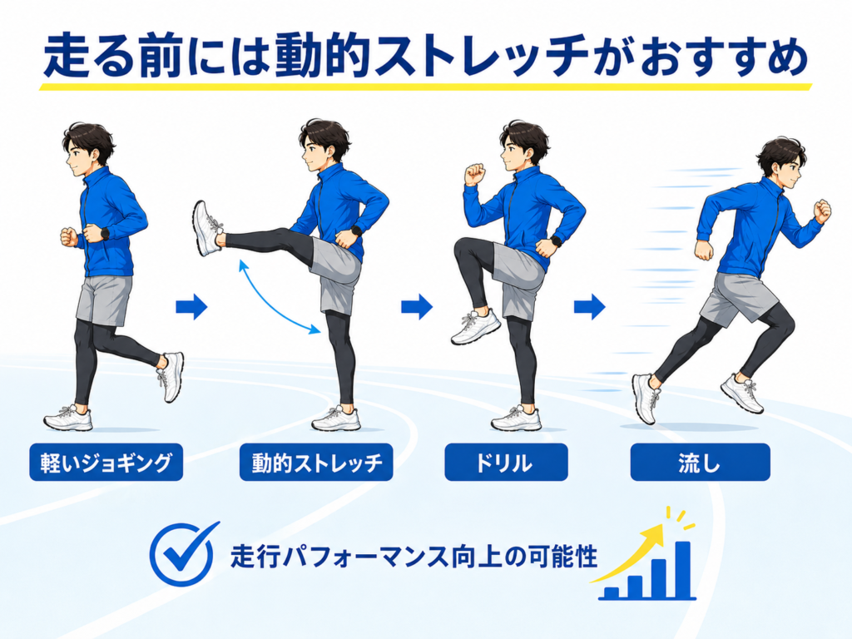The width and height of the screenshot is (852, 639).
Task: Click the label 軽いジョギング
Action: pyautogui.click(x=106, y=463)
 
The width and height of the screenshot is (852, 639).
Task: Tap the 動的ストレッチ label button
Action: pyautogui.click(x=316, y=463)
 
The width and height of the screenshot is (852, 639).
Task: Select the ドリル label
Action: pyautogui.click(x=506, y=463)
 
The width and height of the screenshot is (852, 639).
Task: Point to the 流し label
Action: pyautogui.click(x=700, y=463)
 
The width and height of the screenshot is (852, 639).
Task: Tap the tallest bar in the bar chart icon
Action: pyautogui.click(x=682, y=569)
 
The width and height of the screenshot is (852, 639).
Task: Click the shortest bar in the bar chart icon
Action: pyautogui.click(x=612, y=592)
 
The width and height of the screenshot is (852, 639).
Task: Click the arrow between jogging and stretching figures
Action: pyautogui.click(x=191, y=307)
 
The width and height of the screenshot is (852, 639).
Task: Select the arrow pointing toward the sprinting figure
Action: pyautogui.click(x=590, y=307)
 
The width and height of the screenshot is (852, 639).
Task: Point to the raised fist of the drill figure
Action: pyautogui.click(x=474, y=175)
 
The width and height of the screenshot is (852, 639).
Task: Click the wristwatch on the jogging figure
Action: pyautogui.click(x=103, y=234)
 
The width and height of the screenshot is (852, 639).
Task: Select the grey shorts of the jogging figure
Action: pyautogui.click(x=103, y=300)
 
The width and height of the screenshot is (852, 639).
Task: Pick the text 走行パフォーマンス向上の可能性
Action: pyautogui.click(x=414, y=557)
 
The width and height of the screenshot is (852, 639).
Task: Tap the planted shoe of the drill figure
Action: pyautogui.click(x=516, y=419)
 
